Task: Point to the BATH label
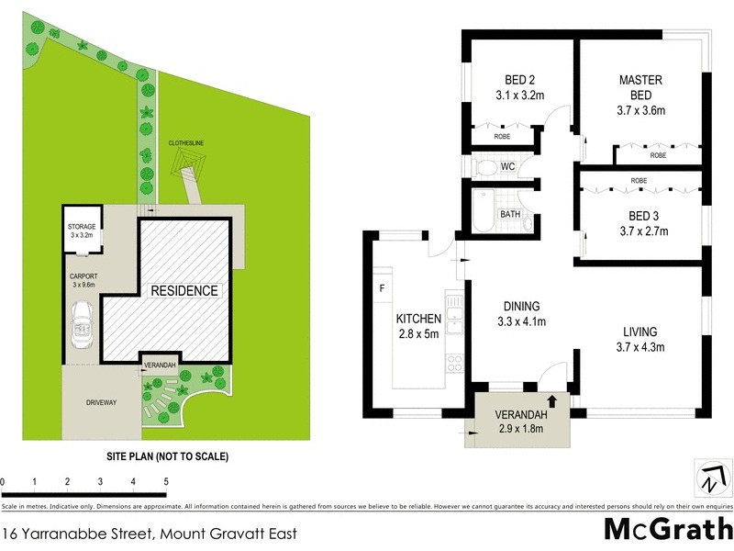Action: pos(509,215)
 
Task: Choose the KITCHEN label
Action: pos(418,319)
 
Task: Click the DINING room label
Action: pos(520,307)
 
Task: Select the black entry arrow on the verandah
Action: pos(552,400)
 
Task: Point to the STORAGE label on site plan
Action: pos(83,226)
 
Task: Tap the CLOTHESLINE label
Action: pos(187,143)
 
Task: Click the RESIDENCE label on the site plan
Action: pos(184,291)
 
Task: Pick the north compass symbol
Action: pos(711,478)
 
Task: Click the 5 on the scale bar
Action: pos(166,481)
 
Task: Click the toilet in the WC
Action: pos(487,167)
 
